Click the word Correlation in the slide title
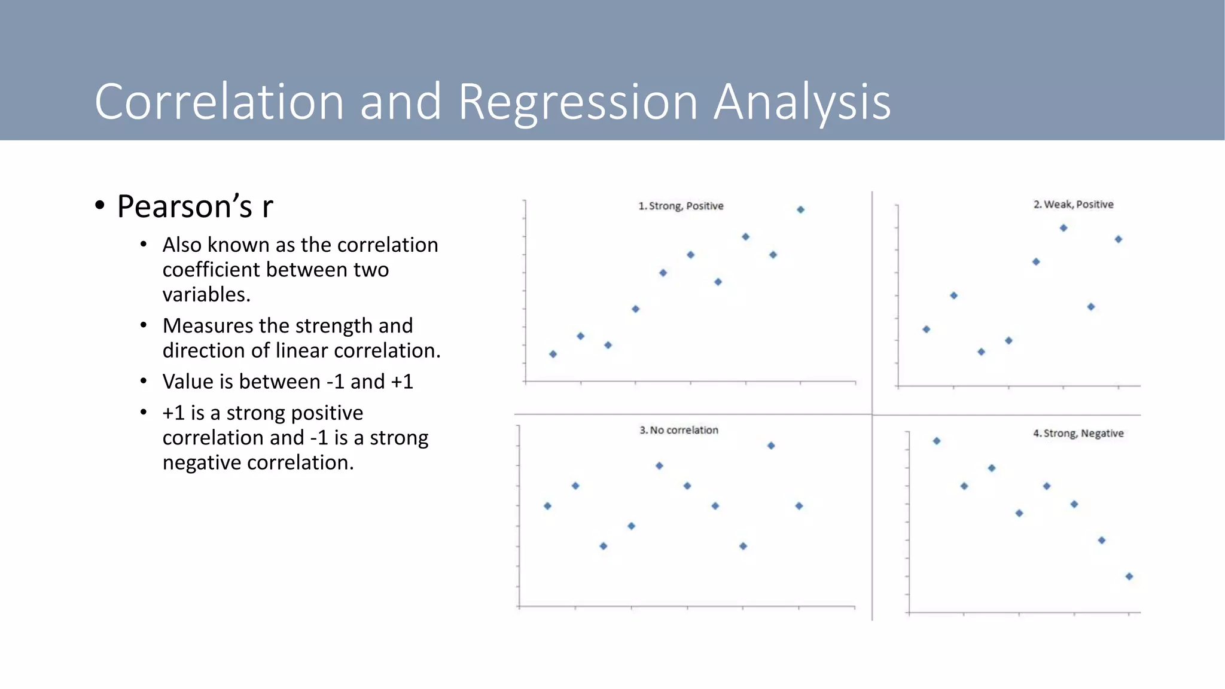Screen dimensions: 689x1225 tap(219, 102)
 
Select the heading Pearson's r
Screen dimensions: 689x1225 tap(195, 206)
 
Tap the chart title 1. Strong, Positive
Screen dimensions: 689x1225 tap(681, 206)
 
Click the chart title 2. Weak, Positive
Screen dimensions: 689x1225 tap(1073, 205)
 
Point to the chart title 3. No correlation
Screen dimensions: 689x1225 tap(678, 430)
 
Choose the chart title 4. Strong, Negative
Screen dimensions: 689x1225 tap(1078, 433)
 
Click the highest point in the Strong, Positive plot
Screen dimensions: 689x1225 tap(800, 209)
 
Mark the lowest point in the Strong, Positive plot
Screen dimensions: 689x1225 tap(553, 354)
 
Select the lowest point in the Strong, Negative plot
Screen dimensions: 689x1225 tap(1129, 577)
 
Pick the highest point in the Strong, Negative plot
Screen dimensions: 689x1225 tap(937, 441)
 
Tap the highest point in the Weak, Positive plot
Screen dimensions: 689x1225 tap(1063, 228)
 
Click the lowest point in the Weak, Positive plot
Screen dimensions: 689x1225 tap(981, 352)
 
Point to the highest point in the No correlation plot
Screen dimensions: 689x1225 tap(771, 446)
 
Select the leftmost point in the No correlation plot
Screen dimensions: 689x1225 tap(547, 506)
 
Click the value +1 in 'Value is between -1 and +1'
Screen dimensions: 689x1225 tap(401, 382)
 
